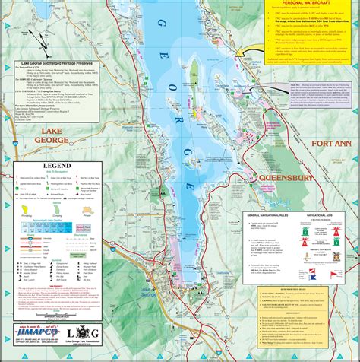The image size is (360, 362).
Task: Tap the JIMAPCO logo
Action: pyautogui.click(x=37, y=332)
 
